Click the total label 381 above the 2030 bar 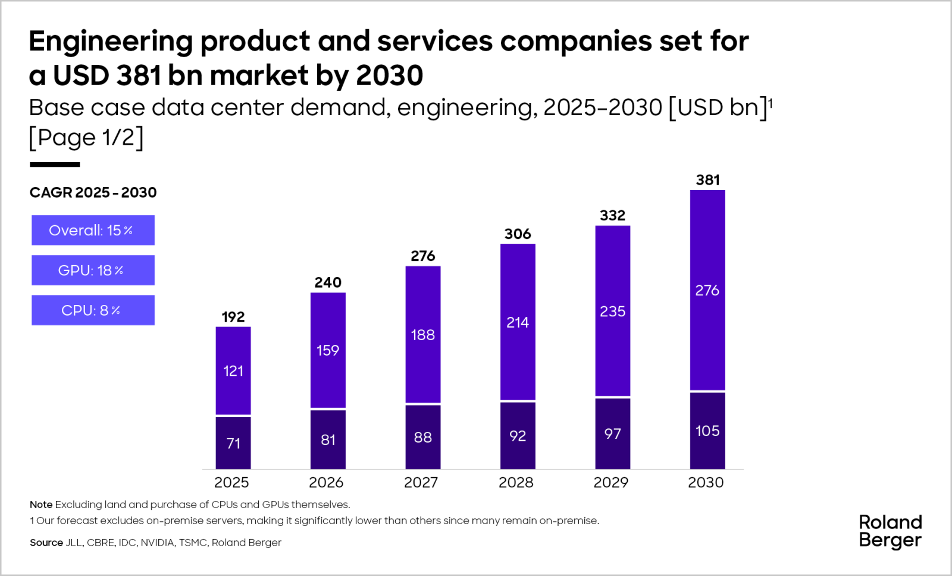click(707, 180)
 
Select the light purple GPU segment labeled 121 click(233, 370)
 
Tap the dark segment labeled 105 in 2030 click(707, 431)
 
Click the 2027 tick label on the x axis click(421, 482)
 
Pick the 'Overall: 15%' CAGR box click(93, 230)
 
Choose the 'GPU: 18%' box click(93, 270)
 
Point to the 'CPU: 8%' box click(93, 310)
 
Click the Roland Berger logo click(890, 531)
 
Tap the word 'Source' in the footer click(46, 543)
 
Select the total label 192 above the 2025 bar click(233, 317)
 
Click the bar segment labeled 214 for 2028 click(518, 322)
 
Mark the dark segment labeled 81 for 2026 click(328, 440)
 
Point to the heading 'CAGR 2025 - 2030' click(93, 192)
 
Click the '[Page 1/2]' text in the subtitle click(86, 138)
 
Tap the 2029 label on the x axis click(611, 482)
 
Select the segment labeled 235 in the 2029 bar click(612, 311)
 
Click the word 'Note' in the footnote click(40, 505)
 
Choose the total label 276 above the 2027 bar click(423, 256)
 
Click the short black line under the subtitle click(55, 164)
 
